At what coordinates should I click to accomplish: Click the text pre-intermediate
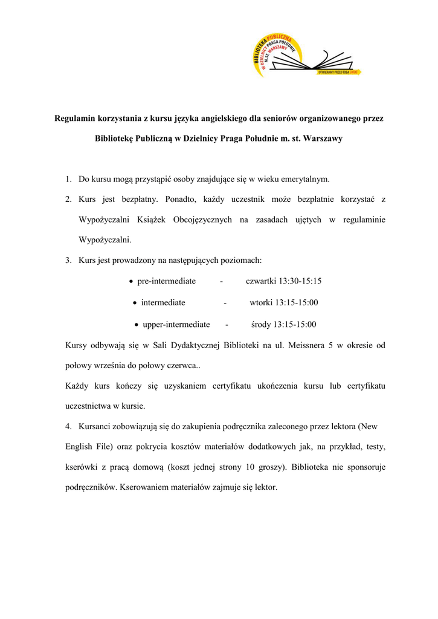[x=166, y=281]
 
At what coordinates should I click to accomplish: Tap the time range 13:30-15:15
[x=300, y=281]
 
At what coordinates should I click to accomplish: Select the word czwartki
[x=261, y=281]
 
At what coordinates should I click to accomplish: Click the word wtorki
[x=261, y=303]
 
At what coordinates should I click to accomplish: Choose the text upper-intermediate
[x=176, y=325]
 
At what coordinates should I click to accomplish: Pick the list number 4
[x=68, y=426]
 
